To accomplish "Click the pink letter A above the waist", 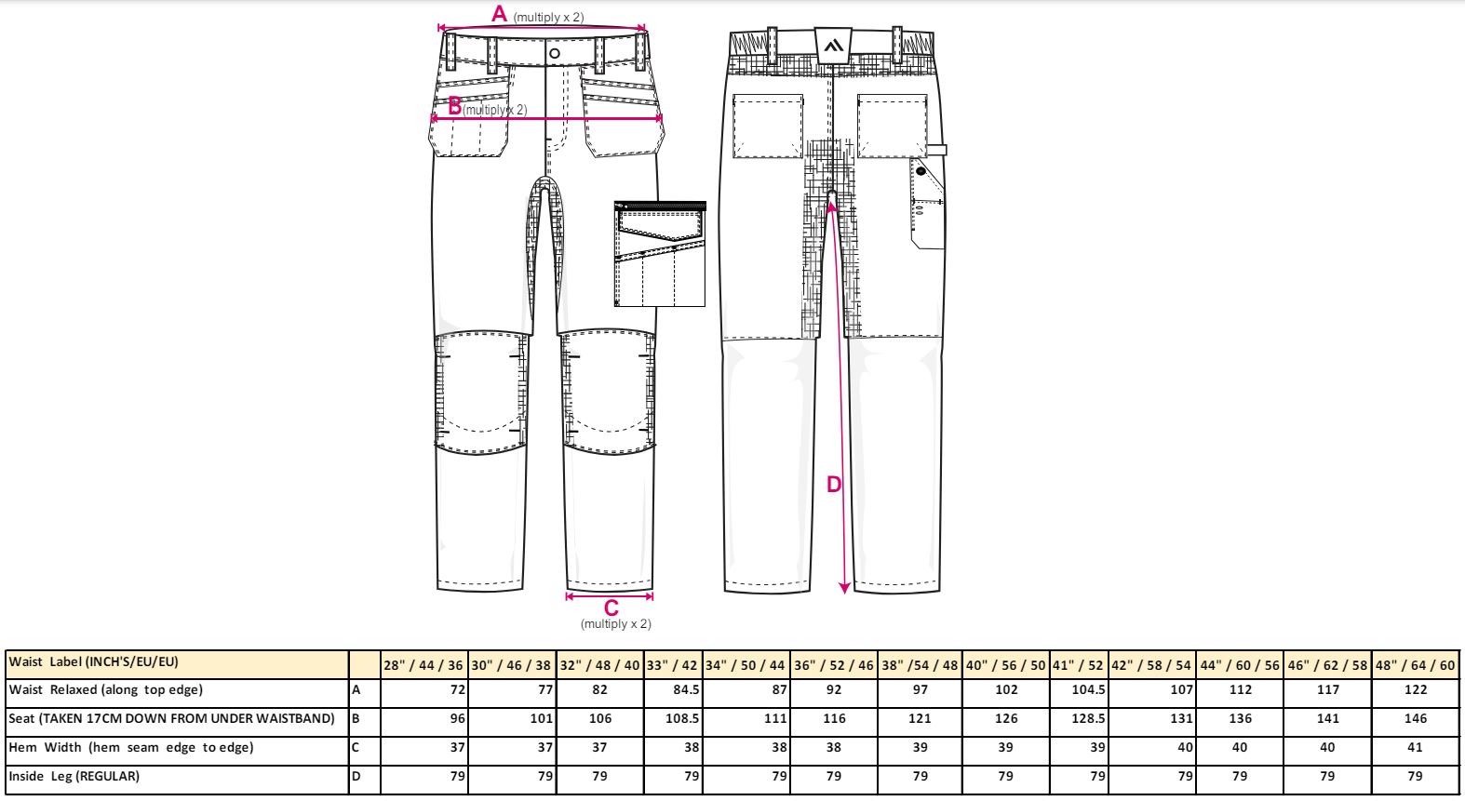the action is [x=499, y=13].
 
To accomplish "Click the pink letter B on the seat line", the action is [x=454, y=105].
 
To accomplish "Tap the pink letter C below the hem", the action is [x=611, y=608].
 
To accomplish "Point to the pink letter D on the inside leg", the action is [x=834, y=485].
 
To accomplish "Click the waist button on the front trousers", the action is [x=555, y=54].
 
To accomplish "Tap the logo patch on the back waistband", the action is [x=833, y=45].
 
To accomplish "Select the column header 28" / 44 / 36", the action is [x=423, y=666].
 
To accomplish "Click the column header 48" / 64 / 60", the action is [x=1416, y=666].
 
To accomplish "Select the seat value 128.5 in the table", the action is [x=1088, y=718].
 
